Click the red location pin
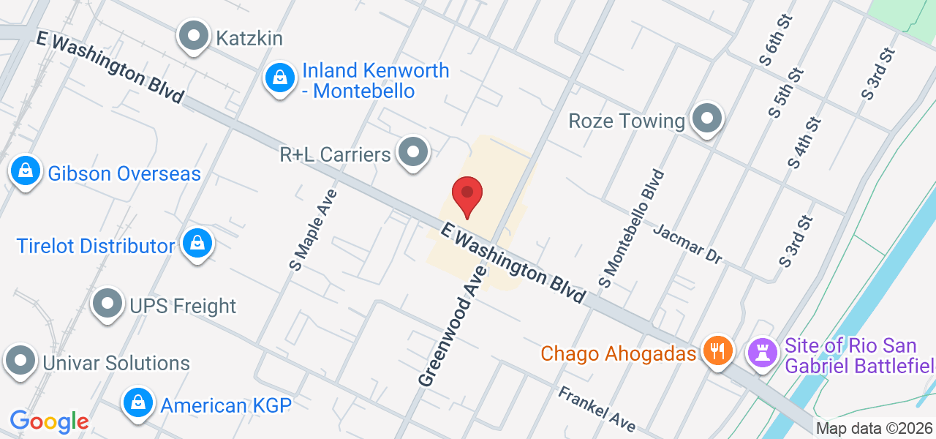[x=467, y=195]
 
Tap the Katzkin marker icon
[x=194, y=36]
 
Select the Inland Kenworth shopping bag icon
[x=279, y=78]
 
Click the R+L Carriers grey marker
[x=413, y=153]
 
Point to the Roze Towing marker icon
[x=707, y=119]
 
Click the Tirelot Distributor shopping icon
[x=197, y=244]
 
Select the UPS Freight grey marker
[x=107, y=304]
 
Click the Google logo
[x=49, y=421]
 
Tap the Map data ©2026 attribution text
[x=875, y=428]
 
